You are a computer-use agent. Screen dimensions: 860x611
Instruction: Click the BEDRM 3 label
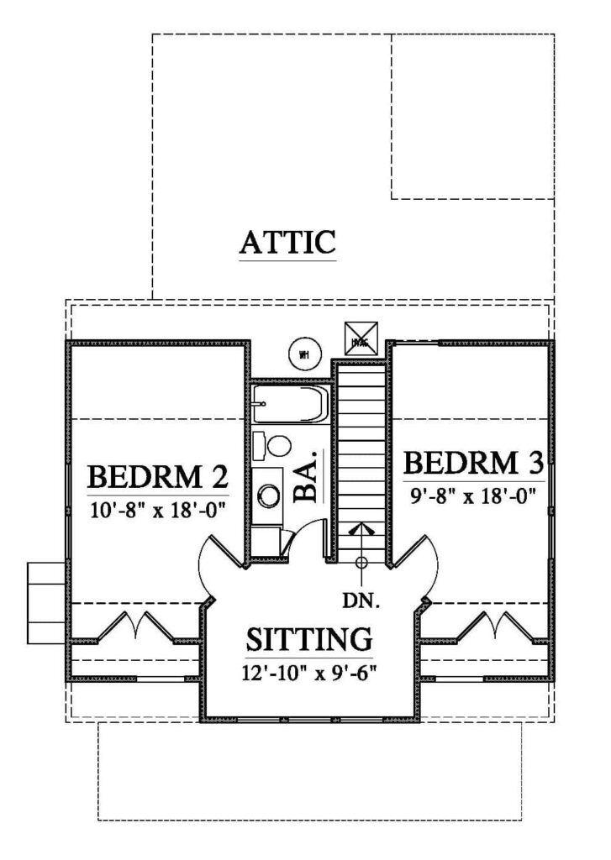click(x=473, y=463)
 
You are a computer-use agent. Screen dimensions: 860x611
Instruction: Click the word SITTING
click(x=308, y=639)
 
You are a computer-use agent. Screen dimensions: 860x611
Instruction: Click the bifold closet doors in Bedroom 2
click(x=135, y=626)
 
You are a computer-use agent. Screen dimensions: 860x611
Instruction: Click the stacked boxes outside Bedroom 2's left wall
click(x=44, y=603)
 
